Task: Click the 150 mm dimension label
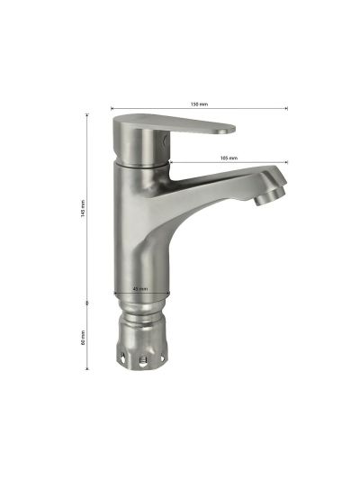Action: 199,104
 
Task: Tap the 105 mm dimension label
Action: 229,158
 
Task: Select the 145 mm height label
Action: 83,208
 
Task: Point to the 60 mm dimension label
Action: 83,338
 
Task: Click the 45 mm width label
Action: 140,289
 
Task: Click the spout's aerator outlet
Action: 270,196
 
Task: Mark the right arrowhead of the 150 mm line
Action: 286,108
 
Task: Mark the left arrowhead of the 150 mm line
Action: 112,108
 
